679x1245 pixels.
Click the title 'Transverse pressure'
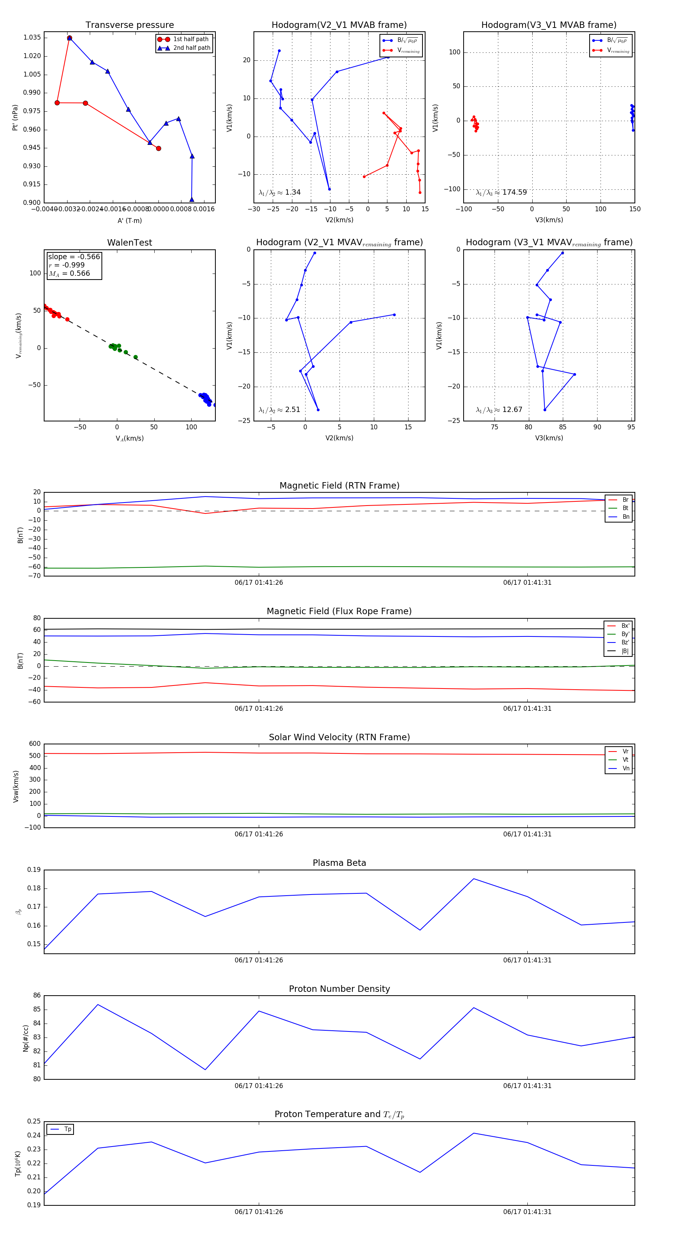129,25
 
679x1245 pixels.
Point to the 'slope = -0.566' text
74,257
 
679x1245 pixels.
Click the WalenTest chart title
129,243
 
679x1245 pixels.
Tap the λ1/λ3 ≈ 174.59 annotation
501,192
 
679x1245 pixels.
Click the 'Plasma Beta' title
339,863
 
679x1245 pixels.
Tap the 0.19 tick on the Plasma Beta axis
34,870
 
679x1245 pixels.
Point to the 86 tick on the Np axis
37,996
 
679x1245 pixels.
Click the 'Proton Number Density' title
339,989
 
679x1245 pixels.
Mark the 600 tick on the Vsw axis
35,744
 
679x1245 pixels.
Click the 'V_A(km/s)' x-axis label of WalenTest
129,438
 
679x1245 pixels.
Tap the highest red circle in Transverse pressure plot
69,38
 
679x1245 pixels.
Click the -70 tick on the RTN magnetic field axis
35,576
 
